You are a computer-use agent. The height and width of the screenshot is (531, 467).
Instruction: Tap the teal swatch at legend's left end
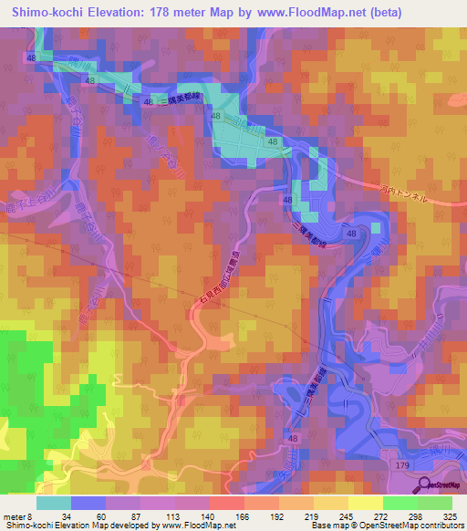pyautogui.click(x=53, y=503)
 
